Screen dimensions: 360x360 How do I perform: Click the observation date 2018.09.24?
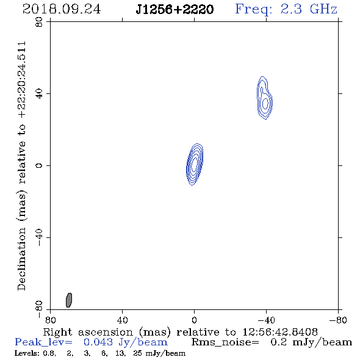[62, 9]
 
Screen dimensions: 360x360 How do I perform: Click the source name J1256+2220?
[175, 10]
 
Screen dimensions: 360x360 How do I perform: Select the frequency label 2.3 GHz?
[309, 9]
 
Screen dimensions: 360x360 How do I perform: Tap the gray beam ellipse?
[69, 300]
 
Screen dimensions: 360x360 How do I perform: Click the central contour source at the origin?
[195, 164]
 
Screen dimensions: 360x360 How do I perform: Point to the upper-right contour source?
[264, 98]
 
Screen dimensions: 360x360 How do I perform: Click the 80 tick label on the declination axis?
[39, 22]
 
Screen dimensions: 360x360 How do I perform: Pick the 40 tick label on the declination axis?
[39, 94]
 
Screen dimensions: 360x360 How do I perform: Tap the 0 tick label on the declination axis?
[39, 165]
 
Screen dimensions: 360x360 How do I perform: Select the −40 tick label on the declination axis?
[39, 237]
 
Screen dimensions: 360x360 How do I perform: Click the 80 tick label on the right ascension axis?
[50, 320]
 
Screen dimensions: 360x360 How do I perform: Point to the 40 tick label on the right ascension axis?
[122, 320]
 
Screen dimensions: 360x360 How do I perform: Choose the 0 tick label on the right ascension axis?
[194, 320]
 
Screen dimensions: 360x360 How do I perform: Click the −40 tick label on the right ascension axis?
[266, 320]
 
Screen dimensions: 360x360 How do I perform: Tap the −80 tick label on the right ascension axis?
[338, 320]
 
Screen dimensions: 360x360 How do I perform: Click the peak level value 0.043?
[98, 342]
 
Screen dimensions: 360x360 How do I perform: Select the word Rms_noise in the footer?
[225, 342]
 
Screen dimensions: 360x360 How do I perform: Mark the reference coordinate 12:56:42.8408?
[280, 332]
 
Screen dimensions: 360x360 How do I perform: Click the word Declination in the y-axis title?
[21, 259]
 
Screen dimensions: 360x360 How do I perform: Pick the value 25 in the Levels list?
[137, 353]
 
